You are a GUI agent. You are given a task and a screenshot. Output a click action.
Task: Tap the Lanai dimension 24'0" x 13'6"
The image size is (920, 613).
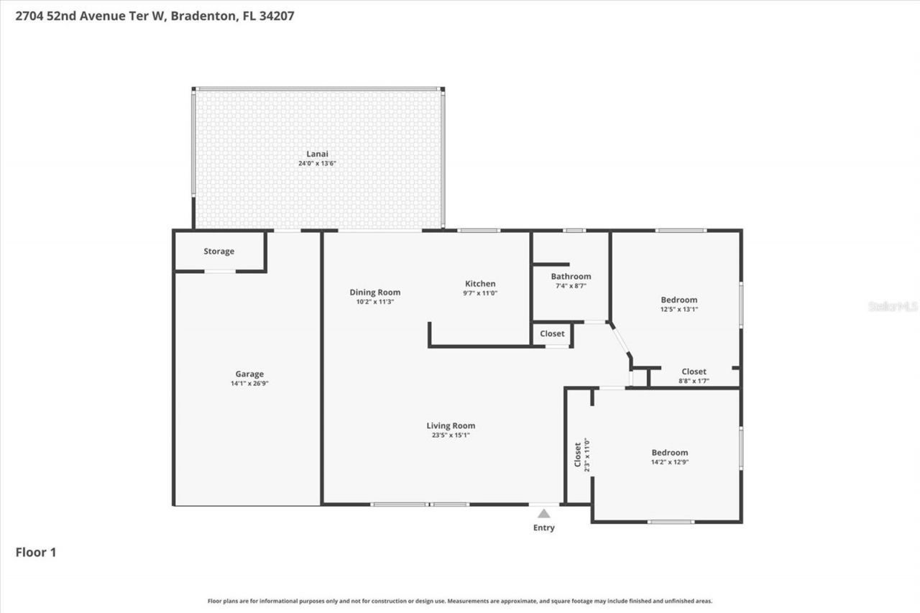pos(318,164)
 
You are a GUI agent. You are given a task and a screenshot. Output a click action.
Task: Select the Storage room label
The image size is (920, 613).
pos(218,252)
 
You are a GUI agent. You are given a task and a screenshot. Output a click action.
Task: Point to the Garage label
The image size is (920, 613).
pos(249,374)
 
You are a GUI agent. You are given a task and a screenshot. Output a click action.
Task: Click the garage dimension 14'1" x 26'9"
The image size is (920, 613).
pos(249,384)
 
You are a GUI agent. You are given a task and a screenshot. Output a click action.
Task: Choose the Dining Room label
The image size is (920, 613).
pos(375,292)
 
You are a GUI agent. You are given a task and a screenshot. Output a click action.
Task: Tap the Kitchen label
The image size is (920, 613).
pos(480,284)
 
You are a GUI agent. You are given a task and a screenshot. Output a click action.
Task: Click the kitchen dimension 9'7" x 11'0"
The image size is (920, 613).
pos(480,293)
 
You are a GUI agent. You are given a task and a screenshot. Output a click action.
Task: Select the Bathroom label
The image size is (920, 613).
pos(571,277)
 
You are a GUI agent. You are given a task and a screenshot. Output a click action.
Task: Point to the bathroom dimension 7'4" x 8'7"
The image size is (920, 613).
pos(571,286)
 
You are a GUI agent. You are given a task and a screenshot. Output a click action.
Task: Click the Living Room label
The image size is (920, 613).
pos(451,425)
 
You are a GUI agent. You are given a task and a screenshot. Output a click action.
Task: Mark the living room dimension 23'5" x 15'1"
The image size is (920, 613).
pos(451,435)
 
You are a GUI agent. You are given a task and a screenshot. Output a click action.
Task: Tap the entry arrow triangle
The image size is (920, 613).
pos(544,513)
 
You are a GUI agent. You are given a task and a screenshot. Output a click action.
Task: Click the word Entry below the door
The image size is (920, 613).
pos(544,528)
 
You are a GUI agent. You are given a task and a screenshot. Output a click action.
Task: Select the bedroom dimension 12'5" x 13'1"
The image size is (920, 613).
pos(679,310)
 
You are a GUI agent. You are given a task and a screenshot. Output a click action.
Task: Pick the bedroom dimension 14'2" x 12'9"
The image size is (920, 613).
pos(670,462)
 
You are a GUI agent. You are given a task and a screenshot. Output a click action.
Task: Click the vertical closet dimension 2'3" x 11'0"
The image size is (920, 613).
pos(587,453)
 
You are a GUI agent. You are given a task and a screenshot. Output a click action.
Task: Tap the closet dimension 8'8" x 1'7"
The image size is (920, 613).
pos(694,381)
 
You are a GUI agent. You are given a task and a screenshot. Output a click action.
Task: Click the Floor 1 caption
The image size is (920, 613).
pos(36,553)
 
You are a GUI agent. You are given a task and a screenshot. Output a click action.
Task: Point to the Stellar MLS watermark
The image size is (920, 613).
pos(893,306)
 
